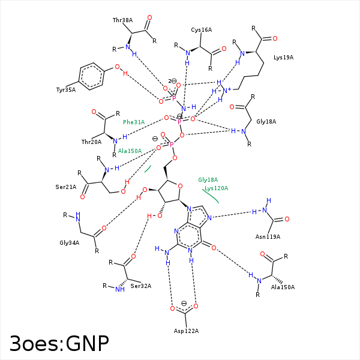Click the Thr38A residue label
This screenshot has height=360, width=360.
tap(122, 20)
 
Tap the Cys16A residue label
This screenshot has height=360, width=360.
tap(202, 29)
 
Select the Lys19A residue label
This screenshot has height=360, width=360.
tap(283, 58)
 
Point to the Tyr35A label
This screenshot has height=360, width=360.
tap(66, 89)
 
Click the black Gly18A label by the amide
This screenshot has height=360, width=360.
tap(266, 121)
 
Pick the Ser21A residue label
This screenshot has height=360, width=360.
tap(66, 187)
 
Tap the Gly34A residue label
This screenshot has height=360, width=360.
tap(70, 242)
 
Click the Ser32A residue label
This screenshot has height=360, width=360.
tap(140, 286)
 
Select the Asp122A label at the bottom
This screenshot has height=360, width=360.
tap(186, 331)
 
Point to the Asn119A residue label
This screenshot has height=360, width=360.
tap(268, 236)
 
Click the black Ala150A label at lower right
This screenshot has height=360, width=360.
tap(283, 287)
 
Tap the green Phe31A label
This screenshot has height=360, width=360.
tap(134, 122)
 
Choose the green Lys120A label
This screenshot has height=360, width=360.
tap(216, 188)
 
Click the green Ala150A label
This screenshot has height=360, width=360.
tap(130, 151)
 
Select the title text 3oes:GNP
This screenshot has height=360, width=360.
tap(59, 343)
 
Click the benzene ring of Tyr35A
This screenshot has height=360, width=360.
tap(92, 77)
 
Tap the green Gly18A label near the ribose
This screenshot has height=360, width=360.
tap(208, 179)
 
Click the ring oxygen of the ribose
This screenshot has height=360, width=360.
tap(179, 186)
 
